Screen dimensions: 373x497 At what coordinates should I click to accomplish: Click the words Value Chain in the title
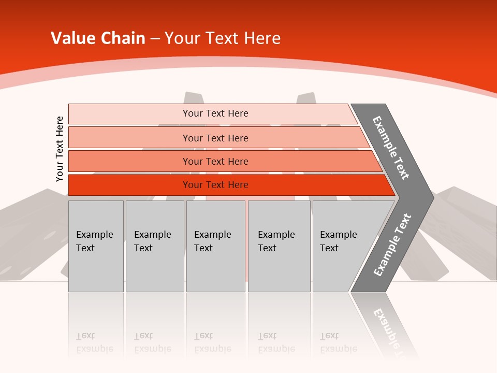pyautogui.click(x=98, y=38)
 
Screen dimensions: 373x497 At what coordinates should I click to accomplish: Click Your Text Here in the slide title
pyautogui.click(x=223, y=38)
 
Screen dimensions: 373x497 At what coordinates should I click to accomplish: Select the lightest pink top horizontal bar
pyautogui.click(x=129, y=114)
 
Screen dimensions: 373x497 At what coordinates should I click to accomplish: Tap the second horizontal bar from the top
pyautogui.click(x=129, y=138)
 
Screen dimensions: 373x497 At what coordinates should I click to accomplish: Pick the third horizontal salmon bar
pyautogui.click(x=129, y=161)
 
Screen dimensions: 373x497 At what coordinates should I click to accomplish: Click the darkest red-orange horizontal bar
pyautogui.click(x=129, y=185)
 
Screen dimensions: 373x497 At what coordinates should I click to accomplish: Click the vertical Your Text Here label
pyautogui.click(x=60, y=149)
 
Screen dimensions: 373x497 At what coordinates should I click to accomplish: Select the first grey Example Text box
pyautogui.click(x=96, y=246)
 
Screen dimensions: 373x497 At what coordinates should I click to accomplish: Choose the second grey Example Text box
pyautogui.click(x=155, y=246)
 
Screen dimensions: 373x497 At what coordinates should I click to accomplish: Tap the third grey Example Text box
pyautogui.click(x=215, y=246)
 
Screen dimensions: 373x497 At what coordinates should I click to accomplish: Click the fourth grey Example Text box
pyautogui.click(x=279, y=246)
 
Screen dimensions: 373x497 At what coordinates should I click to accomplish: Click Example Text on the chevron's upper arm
pyautogui.click(x=391, y=148)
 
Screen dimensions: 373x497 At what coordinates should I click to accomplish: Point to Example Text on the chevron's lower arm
pyautogui.click(x=392, y=245)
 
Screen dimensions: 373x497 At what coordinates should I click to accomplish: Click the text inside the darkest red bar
pyautogui.click(x=215, y=185)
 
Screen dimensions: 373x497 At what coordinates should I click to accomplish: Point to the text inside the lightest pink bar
pyautogui.click(x=215, y=113)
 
